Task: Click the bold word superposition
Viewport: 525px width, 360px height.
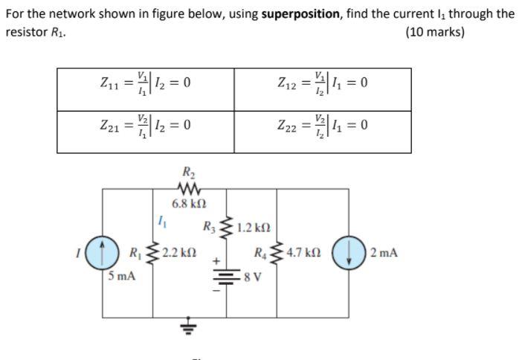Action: (x=298, y=13)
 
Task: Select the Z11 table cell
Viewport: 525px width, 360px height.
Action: (x=146, y=83)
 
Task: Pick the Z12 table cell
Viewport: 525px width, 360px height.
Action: (x=323, y=83)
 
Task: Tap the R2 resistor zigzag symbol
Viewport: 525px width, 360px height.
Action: (x=186, y=190)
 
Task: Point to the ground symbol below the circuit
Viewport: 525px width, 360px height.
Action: (x=186, y=327)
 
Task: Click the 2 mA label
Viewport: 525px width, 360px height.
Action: (x=384, y=253)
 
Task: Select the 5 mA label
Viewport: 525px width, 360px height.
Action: (x=120, y=277)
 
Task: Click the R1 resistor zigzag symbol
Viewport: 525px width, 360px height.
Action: (x=152, y=253)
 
